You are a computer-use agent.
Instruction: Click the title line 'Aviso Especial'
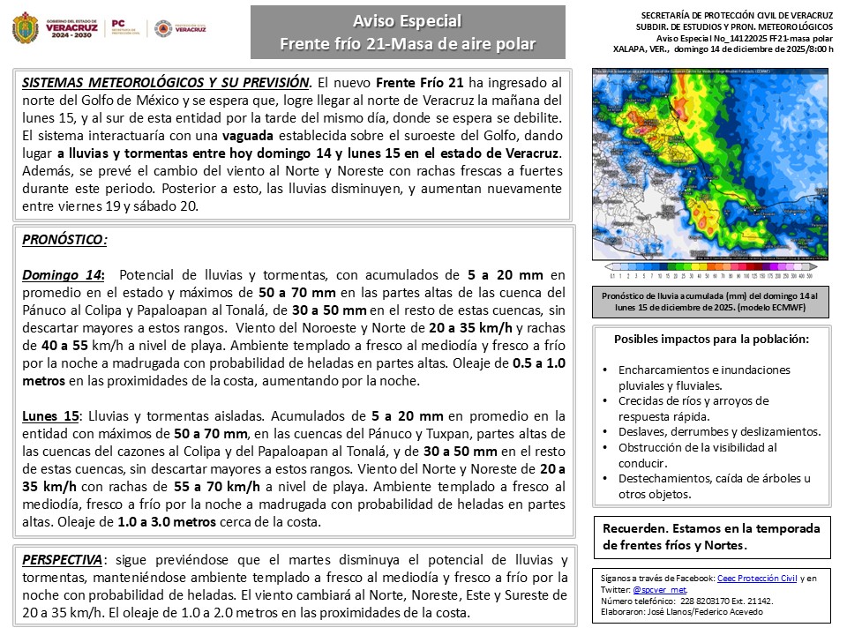point(407,21)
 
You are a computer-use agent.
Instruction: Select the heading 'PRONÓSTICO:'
point(64,239)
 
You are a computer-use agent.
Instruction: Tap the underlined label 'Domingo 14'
point(63,274)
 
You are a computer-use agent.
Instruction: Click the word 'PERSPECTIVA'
point(62,560)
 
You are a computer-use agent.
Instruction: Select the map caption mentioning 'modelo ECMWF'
point(716,303)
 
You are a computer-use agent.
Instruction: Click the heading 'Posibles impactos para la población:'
point(711,339)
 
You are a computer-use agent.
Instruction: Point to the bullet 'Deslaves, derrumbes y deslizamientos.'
point(720,431)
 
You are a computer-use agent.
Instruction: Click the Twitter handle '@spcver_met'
point(660,588)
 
